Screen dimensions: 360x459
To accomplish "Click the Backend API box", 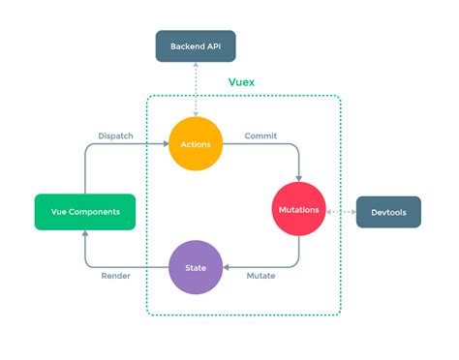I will (x=196, y=46).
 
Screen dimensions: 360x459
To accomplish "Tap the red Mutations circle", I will (x=298, y=210).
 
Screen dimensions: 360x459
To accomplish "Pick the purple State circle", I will (x=196, y=266).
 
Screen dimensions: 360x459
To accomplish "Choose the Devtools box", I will (x=388, y=211).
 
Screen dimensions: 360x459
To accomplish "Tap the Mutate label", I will (x=260, y=277).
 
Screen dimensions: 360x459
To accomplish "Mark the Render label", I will (x=116, y=277).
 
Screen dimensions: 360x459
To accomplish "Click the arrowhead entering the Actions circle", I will (x=165, y=144).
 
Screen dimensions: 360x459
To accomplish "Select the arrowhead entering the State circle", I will (x=227, y=266).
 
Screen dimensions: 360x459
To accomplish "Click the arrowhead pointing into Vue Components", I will (x=84, y=234).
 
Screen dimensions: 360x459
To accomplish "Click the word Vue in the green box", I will (x=57, y=211).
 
